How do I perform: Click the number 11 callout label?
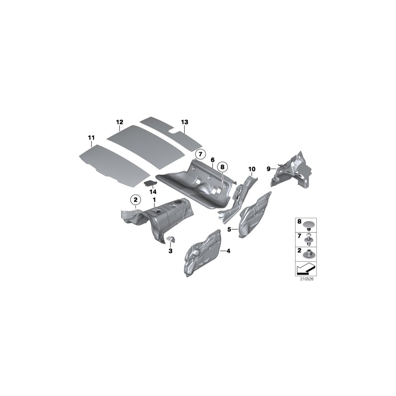[91, 138]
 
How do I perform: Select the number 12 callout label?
[120, 122]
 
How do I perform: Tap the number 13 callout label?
[184, 121]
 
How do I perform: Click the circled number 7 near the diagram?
[200, 154]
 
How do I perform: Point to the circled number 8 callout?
[223, 167]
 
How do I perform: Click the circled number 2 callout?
[135, 200]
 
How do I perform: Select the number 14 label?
[153, 192]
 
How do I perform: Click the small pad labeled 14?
[150, 182]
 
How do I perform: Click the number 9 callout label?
[268, 168]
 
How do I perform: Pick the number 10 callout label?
[252, 169]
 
